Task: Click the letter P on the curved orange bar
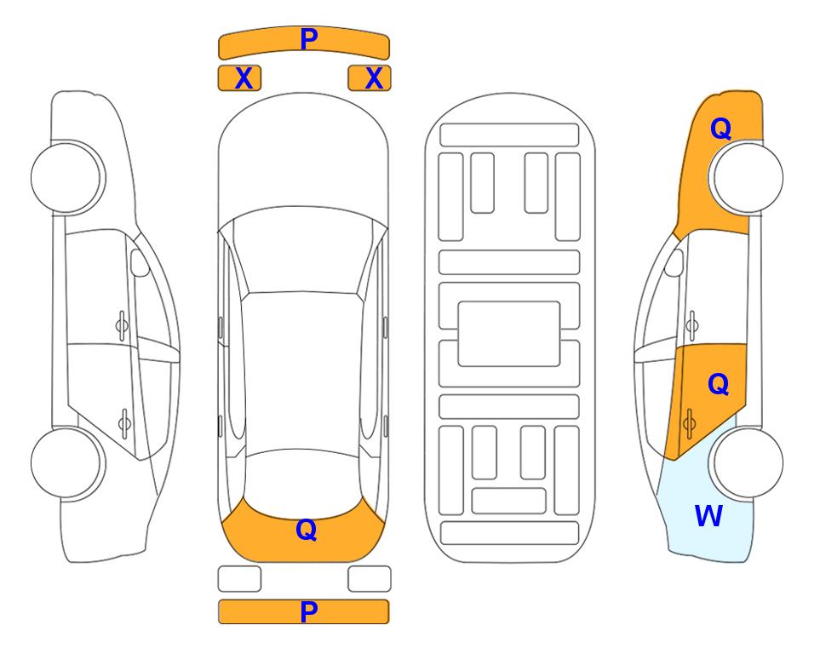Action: (x=309, y=39)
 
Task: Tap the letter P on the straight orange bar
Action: (x=309, y=611)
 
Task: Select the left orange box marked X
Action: (x=239, y=78)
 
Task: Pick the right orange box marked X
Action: (x=370, y=78)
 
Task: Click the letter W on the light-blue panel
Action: (x=708, y=516)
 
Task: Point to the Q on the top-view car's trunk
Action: (x=307, y=530)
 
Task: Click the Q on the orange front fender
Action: (x=720, y=129)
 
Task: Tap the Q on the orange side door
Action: (x=719, y=385)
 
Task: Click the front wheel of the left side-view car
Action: (x=67, y=178)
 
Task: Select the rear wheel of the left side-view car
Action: (x=67, y=463)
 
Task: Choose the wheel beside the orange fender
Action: (x=746, y=178)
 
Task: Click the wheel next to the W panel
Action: (x=746, y=462)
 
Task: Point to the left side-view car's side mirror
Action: (x=139, y=262)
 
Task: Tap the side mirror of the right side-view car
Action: (x=674, y=262)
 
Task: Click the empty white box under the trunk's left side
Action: (x=239, y=579)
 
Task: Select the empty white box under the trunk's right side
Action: (x=370, y=579)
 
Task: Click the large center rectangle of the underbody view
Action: (x=509, y=334)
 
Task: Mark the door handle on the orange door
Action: (x=689, y=423)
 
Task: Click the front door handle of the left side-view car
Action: (x=122, y=326)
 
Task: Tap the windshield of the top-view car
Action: (x=303, y=250)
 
